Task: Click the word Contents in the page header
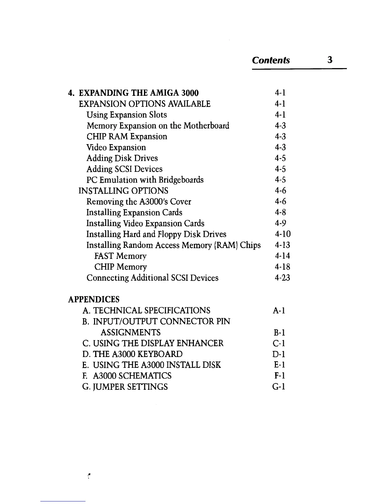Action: tap(271, 60)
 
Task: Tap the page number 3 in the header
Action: tap(330, 59)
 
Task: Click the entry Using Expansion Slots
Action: tap(126, 115)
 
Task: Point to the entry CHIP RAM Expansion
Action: tap(126, 136)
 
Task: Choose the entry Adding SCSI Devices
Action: tap(124, 169)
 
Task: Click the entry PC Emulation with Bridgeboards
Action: tap(145, 180)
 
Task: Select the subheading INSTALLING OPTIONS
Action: tap(123, 191)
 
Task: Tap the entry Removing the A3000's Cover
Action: tap(139, 202)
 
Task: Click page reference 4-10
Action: tap(283, 234)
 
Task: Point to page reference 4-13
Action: tap(283, 245)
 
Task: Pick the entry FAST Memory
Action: tap(120, 256)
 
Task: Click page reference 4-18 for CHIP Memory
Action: tap(283, 267)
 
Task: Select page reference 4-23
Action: tap(283, 278)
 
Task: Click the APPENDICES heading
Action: tap(94, 299)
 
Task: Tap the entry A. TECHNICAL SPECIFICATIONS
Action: tap(146, 310)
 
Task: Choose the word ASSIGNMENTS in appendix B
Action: tap(130, 332)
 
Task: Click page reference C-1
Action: tap(279, 343)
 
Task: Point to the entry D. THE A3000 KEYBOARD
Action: tap(132, 354)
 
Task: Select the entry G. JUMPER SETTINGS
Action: tap(125, 387)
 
